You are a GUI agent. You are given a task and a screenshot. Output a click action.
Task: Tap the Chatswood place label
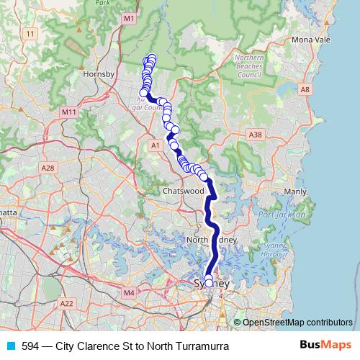tap(184, 192)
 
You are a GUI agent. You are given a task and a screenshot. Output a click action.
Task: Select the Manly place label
tap(295, 192)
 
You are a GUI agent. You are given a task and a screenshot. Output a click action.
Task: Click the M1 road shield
tap(129, 18)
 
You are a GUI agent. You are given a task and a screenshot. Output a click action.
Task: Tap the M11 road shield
tap(69, 112)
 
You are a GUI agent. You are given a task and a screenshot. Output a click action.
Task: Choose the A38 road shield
tap(255, 134)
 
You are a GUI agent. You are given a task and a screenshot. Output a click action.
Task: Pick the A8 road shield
tap(305, 89)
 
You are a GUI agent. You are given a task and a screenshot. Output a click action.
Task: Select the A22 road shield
tap(67, 304)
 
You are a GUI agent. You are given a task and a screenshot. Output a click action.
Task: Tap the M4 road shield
tap(130, 293)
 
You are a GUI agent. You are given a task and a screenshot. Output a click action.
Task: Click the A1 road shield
tap(155, 145)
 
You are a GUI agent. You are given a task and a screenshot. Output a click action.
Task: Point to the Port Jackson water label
tap(276, 215)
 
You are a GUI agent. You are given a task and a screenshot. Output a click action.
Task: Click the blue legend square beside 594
tap(10, 346)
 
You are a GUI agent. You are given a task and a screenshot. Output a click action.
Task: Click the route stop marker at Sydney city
tap(210, 282)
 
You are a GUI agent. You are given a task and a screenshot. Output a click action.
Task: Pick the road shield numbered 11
tap(30, 34)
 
